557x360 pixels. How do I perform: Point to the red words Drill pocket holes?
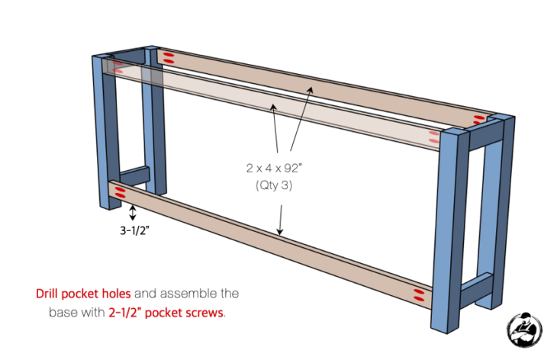pos(83,293)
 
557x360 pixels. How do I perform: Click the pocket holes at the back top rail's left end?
pos(169,57)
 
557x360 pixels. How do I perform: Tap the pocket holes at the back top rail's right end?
pos(480,118)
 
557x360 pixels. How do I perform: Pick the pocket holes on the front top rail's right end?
pos(434,137)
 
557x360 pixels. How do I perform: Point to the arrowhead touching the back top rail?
pos(310,89)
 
